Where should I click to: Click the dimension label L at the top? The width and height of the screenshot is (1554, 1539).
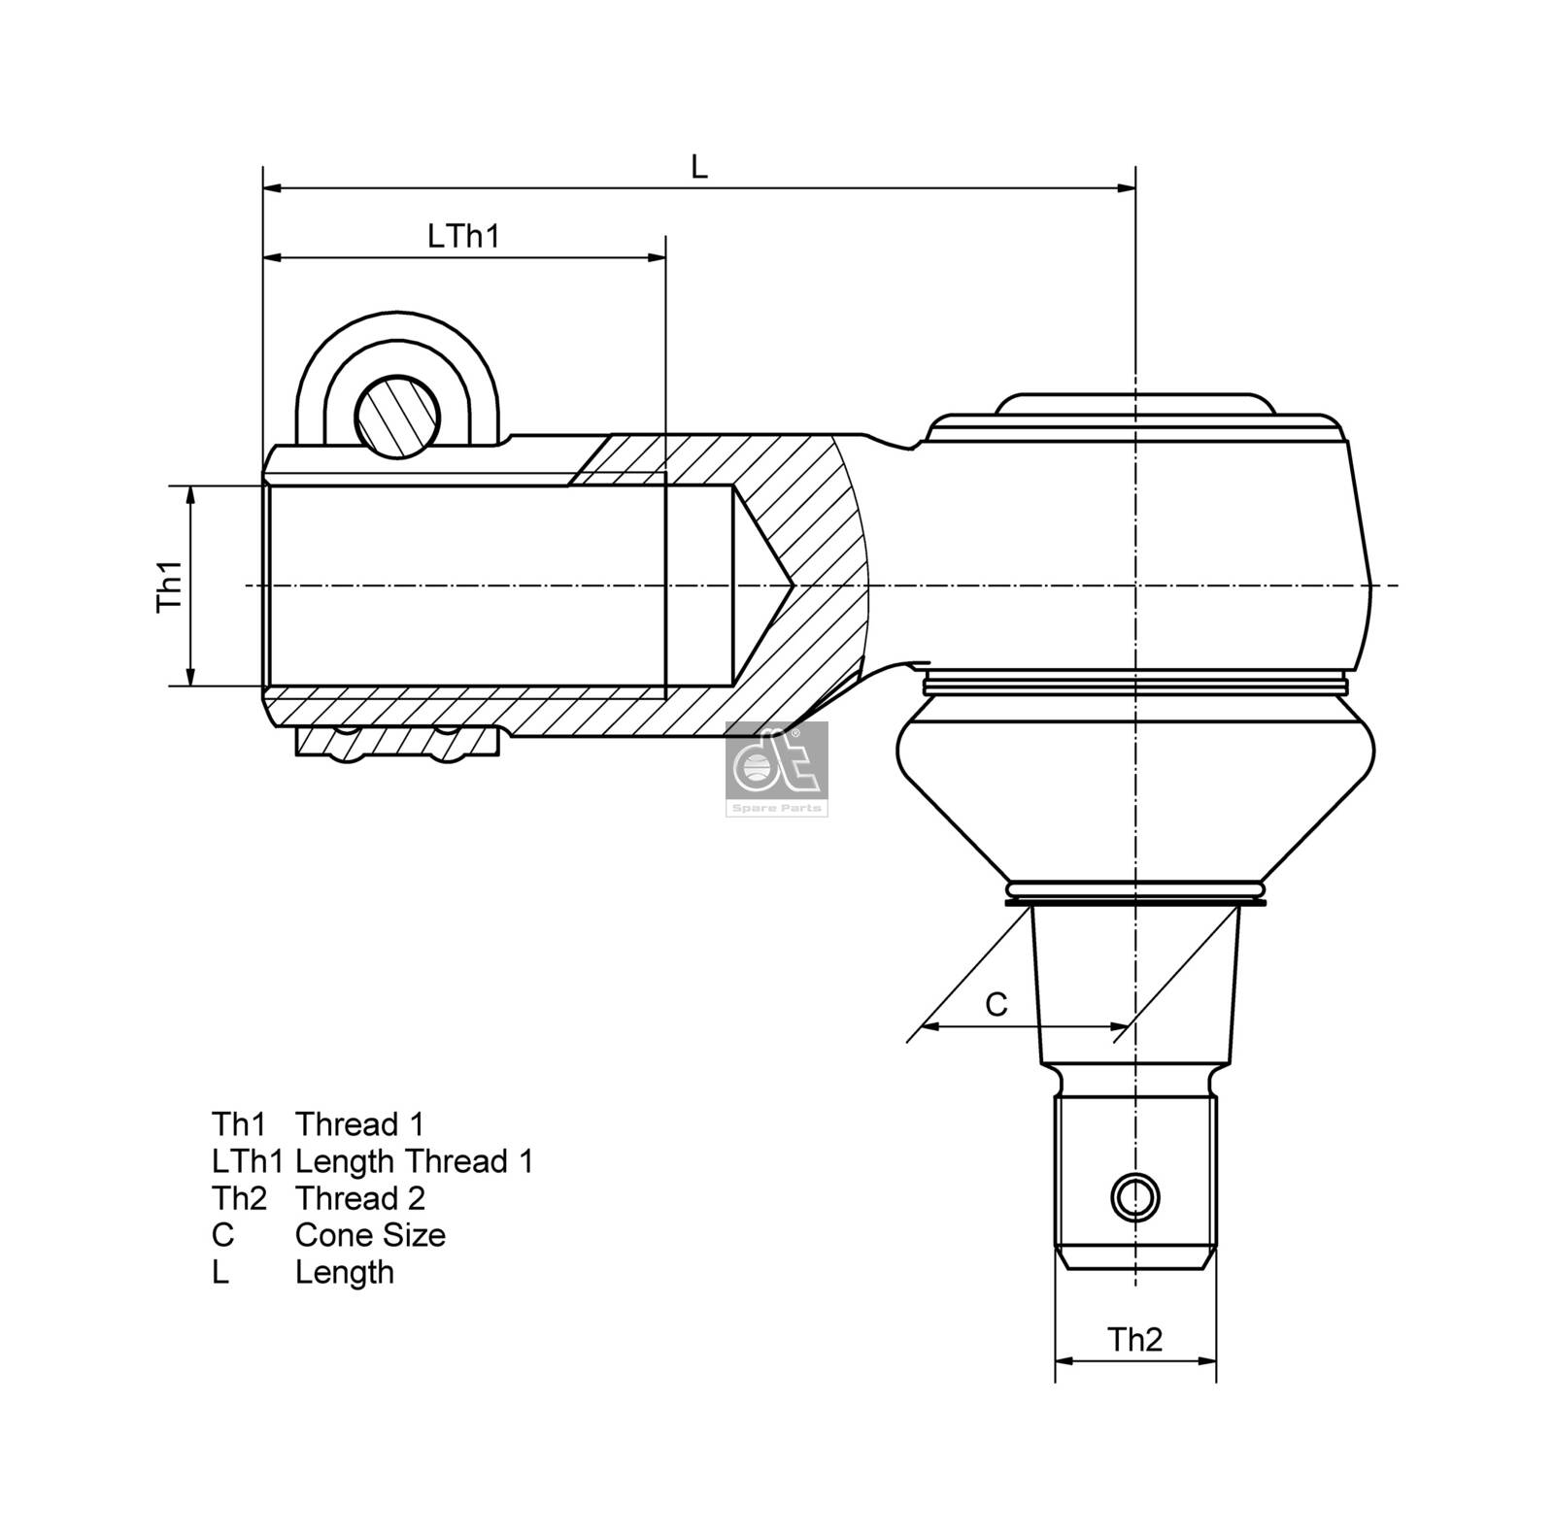pyautogui.click(x=698, y=166)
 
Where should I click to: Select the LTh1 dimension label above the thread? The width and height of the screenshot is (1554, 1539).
pyautogui.click(x=463, y=236)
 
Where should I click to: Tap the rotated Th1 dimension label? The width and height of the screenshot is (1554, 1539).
pyautogui.click(x=171, y=585)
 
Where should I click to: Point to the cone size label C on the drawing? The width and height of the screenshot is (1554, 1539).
pyautogui.click(x=997, y=1004)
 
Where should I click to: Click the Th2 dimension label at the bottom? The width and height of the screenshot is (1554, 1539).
pyautogui.click(x=1134, y=1340)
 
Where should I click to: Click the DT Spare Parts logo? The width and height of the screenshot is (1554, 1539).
pyautogui.click(x=777, y=768)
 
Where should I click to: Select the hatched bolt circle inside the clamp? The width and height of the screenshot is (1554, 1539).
pyautogui.click(x=397, y=416)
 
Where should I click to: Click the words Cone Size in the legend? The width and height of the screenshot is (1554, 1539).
pyautogui.click(x=370, y=1235)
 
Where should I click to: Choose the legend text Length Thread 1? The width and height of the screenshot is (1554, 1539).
pyautogui.click(x=414, y=1161)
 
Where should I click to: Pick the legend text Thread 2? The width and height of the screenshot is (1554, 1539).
pyautogui.click(x=360, y=1198)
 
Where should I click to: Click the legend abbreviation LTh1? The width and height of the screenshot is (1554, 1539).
pyautogui.click(x=247, y=1161)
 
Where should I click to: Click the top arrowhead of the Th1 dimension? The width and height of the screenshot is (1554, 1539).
pyautogui.click(x=191, y=493)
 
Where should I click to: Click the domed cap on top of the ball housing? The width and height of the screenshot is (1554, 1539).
pyautogui.click(x=1134, y=404)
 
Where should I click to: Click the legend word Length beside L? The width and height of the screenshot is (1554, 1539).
pyautogui.click(x=345, y=1272)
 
